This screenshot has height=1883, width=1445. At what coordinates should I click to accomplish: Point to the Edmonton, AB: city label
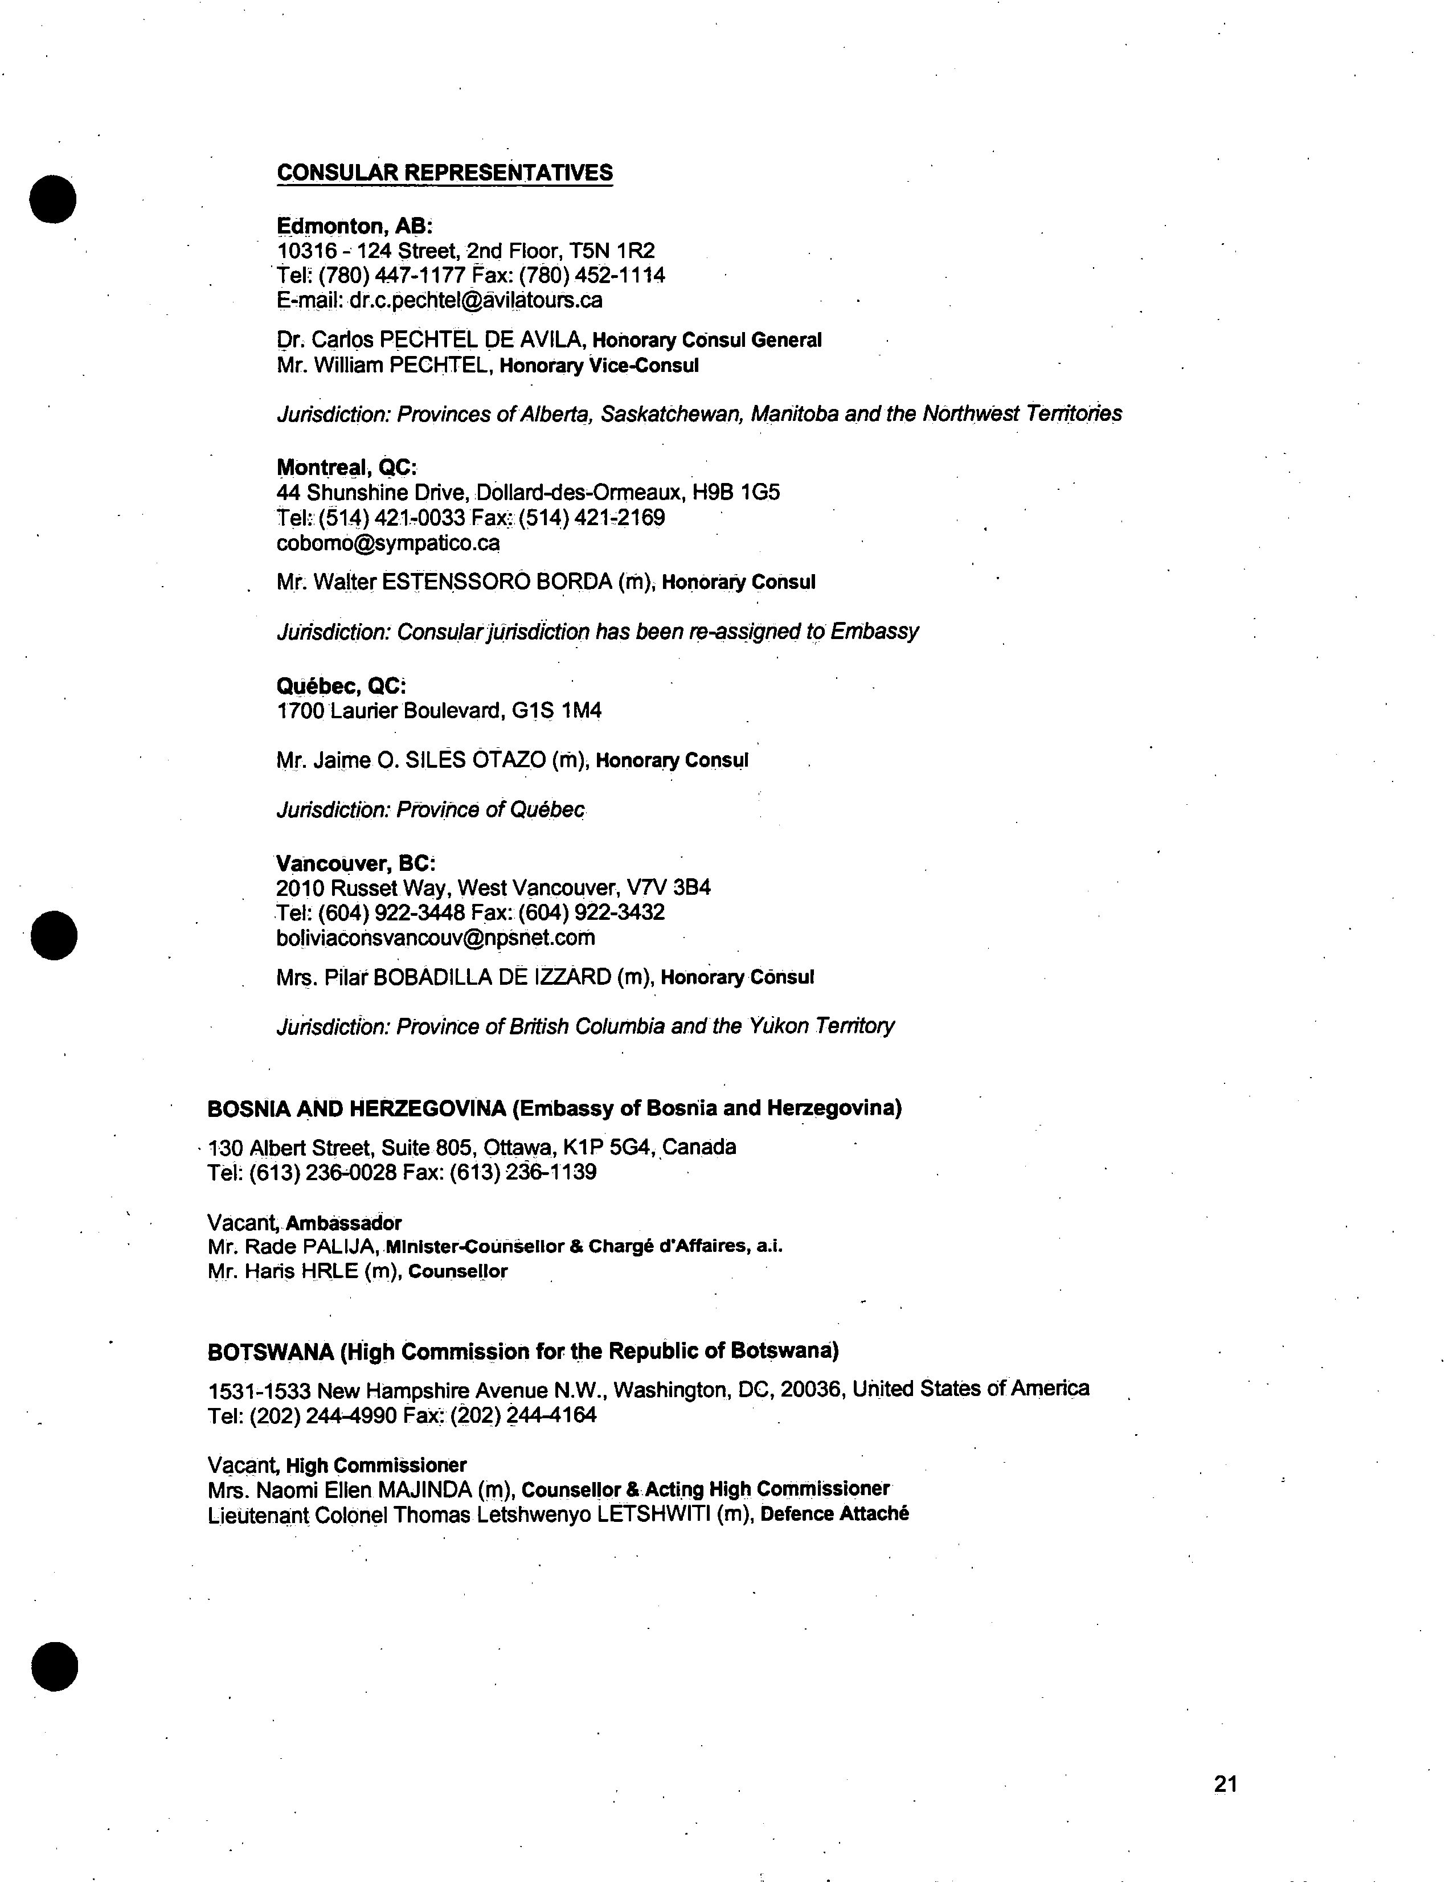click(354, 226)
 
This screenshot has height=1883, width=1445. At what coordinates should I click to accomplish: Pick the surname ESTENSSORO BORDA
click(496, 582)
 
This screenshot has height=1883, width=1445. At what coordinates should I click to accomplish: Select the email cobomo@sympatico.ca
click(388, 543)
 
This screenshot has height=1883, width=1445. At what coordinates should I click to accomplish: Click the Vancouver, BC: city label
click(356, 863)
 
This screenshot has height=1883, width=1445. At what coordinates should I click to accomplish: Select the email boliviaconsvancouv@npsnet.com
click(435, 938)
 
